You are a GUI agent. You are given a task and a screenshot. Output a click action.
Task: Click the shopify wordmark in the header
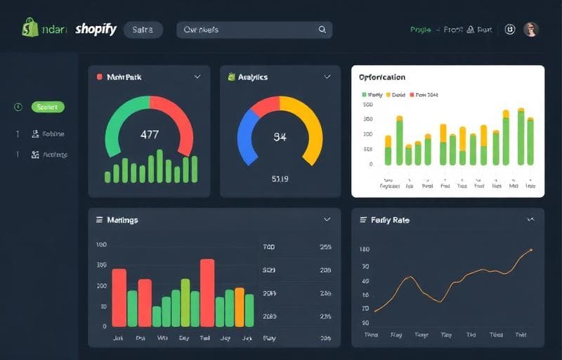point(96,30)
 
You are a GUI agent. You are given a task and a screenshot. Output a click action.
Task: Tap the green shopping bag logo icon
point(30,28)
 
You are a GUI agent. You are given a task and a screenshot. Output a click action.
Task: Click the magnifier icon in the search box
point(322,30)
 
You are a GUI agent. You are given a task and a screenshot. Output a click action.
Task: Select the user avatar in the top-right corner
point(531,30)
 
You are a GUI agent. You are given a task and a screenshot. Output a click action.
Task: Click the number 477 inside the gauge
point(150,134)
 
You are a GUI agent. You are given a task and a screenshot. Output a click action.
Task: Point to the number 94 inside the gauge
point(280,137)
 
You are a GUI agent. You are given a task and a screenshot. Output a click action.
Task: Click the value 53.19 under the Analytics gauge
point(280,179)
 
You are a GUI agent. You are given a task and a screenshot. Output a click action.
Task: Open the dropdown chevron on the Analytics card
point(327,77)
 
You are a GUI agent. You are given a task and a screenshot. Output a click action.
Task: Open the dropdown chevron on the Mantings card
point(327,219)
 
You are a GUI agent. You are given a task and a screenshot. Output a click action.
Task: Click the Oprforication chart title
point(381,77)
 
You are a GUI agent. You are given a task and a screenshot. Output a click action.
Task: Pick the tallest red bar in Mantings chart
point(207,292)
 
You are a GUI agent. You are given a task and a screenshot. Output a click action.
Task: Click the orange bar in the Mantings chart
point(240,307)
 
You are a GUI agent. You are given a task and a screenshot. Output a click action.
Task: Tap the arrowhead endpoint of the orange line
point(531,250)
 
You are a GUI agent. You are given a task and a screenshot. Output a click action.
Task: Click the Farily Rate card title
point(391,220)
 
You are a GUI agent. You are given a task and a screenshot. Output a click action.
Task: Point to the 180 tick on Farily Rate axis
point(364,250)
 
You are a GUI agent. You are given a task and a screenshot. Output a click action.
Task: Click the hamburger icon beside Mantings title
point(99,220)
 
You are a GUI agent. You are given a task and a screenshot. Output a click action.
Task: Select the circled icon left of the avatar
point(510,30)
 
